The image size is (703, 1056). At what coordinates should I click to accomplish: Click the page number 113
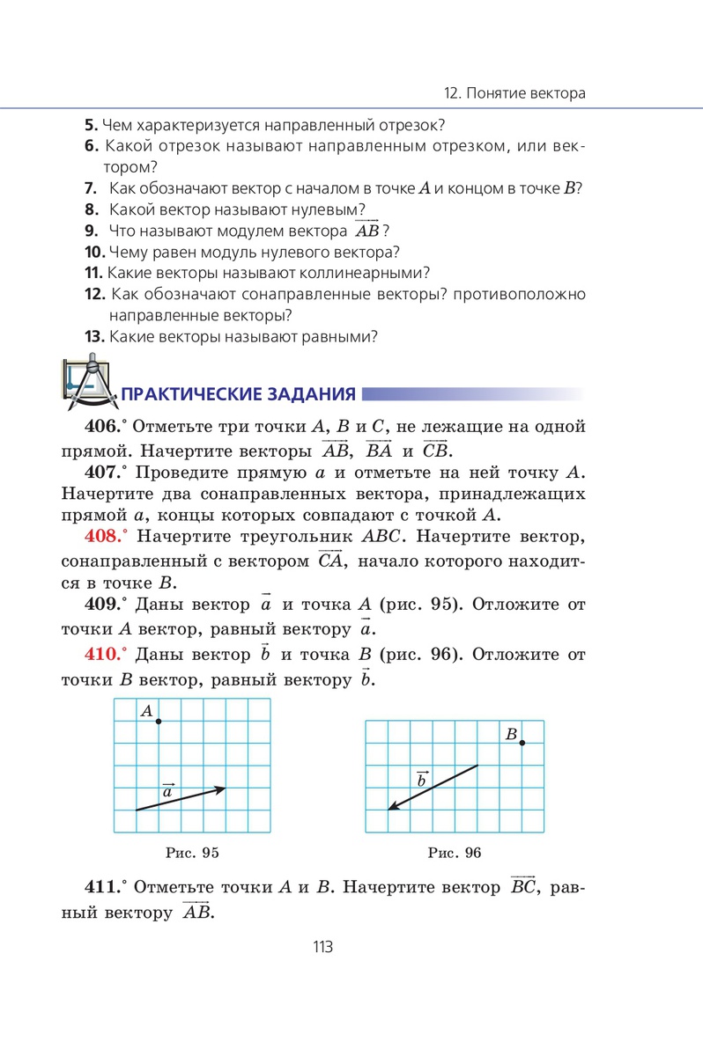(321, 948)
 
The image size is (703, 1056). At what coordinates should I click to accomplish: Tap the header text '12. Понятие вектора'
(515, 92)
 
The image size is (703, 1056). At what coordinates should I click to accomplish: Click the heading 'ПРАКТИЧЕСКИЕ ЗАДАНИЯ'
(238, 393)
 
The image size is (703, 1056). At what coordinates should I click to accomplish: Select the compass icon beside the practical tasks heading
(89, 384)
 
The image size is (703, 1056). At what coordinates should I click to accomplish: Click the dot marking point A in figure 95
(159, 722)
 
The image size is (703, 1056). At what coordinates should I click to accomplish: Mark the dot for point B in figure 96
(522, 744)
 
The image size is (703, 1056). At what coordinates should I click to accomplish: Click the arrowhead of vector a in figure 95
(223, 788)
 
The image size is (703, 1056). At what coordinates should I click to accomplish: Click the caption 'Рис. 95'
(192, 853)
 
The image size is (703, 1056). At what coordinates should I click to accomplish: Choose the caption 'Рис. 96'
(455, 853)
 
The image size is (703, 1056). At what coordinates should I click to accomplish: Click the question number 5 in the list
(89, 125)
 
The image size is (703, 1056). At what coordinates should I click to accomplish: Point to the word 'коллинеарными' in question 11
(358, 272)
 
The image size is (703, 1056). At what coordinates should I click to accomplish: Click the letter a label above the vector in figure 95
(167, 792)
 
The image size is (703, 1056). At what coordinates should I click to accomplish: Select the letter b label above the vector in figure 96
(421, 778)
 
